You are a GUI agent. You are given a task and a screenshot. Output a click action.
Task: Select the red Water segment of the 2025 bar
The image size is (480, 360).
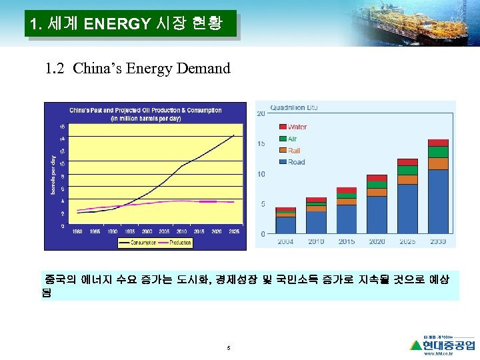[x=407, y=162]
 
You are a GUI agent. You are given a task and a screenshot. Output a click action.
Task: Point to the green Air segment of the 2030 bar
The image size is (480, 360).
[x=438, y=152]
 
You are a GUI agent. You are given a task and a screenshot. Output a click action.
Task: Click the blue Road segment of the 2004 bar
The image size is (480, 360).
[x=285, y=225]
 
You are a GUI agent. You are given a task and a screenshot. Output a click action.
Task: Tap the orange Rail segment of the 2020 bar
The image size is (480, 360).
[x=377, y=192]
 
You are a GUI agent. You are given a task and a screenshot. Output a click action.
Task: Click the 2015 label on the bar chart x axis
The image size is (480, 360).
[x=346, y=241]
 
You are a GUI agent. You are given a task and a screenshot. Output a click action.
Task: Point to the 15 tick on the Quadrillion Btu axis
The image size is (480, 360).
[x=262, y=143]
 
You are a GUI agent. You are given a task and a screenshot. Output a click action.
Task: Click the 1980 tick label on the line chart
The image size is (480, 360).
[x=77, y=231]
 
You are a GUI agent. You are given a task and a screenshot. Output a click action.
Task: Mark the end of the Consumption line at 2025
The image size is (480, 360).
[x=233, y=135]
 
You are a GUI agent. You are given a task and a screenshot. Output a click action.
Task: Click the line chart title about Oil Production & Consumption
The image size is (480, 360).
[x=145, y=114]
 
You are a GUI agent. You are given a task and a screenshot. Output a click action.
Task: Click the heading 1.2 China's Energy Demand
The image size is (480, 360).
[x=137, y=68]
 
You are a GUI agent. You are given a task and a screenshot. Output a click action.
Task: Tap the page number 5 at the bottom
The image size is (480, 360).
[x=228, y=347]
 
